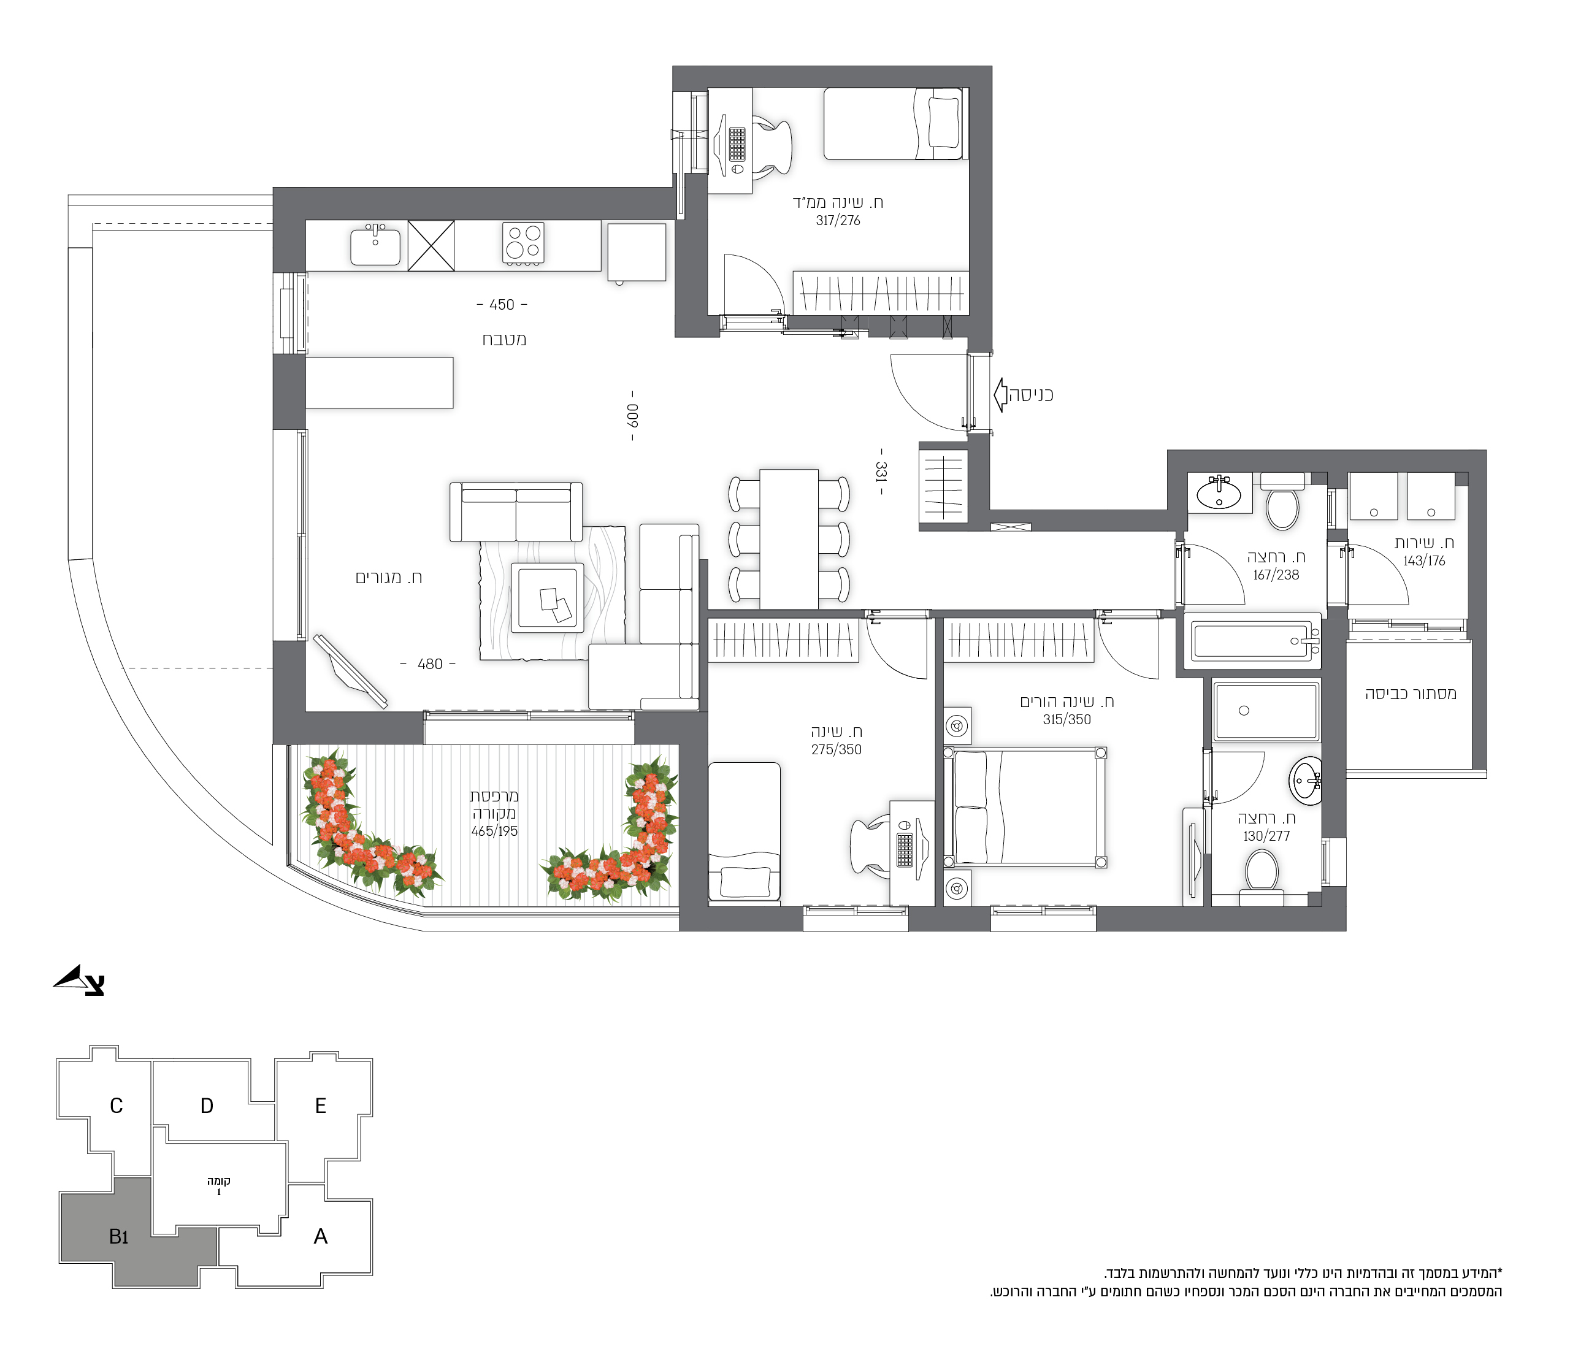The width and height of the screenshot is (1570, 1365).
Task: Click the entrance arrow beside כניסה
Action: (1000, 394)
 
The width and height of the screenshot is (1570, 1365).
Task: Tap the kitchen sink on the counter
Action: (375, 245)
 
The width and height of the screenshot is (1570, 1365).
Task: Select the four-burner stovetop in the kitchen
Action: (523, 243)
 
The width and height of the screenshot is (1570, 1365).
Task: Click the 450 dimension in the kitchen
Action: (502, 305)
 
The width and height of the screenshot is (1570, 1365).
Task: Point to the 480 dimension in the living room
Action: (430, 664)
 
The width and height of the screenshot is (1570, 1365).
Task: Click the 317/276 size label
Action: (838, 221)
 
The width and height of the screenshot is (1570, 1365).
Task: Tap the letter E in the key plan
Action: (321, 1106)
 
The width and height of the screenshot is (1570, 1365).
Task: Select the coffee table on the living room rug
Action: (548, 598)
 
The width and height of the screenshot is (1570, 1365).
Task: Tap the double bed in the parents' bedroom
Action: (1025, 808)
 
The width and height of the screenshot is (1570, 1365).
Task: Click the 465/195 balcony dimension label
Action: (494, 831)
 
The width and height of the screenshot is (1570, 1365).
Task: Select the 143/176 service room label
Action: (1425, 561)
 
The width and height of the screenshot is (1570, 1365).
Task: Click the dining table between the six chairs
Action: (789, 539)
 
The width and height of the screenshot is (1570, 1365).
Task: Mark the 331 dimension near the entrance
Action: (881, 472)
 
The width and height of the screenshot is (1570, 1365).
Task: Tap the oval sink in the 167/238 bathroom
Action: (1219, 494)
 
